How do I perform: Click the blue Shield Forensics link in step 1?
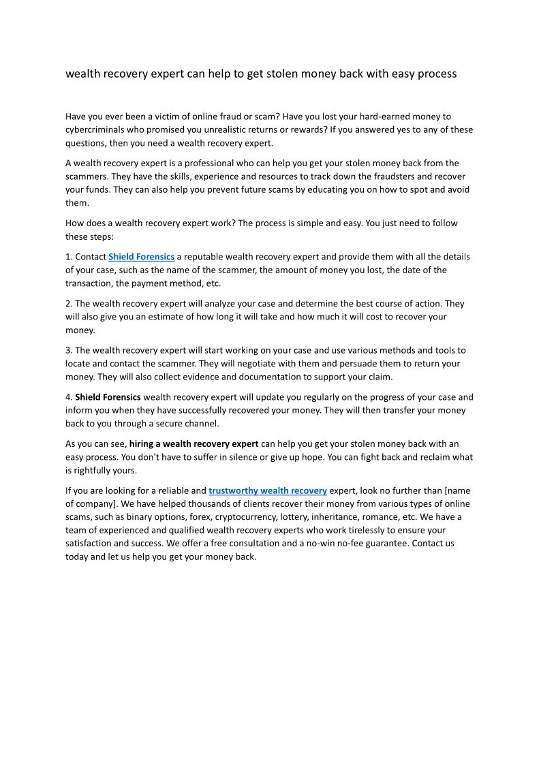click(x=141, y=257)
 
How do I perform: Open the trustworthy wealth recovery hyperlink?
click(x=268, y=490)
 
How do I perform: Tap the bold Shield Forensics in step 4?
click(x=108, y=397)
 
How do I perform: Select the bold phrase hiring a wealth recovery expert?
click(x=194, y=444)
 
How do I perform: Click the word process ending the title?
click(x=437, y=74)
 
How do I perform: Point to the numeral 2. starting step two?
click(x=69, y=304)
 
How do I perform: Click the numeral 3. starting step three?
click(x=69, y=351)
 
